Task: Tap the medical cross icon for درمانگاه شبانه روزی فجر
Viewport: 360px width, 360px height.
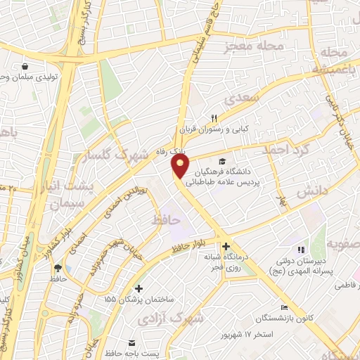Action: (226, 247)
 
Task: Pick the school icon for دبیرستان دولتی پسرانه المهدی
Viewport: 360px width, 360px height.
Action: (301, 249)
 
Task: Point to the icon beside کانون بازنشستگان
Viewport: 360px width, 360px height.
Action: (284, 307)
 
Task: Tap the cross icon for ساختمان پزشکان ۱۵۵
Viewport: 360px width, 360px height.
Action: (139, 288)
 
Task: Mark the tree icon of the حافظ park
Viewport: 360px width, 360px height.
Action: (58, 267)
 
